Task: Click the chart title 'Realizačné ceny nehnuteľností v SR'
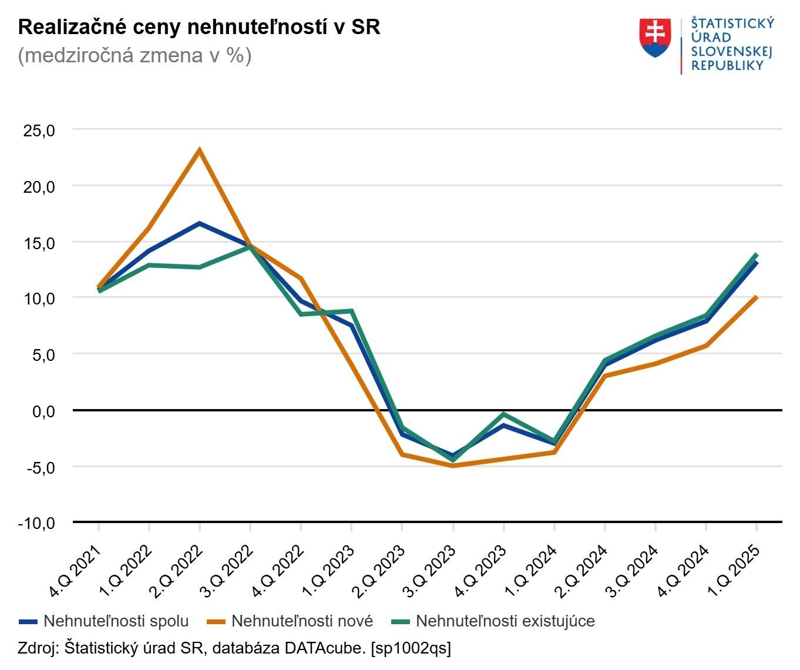tap(199, 27)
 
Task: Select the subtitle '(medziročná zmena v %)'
tap(135, 56)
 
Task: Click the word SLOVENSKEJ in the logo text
tap(731, 51)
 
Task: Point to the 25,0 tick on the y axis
tap(39, 130)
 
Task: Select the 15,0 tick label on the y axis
tap(39, 243)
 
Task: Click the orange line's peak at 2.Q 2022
tap(200, 150)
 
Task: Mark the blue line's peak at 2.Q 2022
tap(200, 223)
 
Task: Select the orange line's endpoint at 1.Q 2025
tap(756, 297)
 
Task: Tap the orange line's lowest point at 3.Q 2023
tap(453, 465)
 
